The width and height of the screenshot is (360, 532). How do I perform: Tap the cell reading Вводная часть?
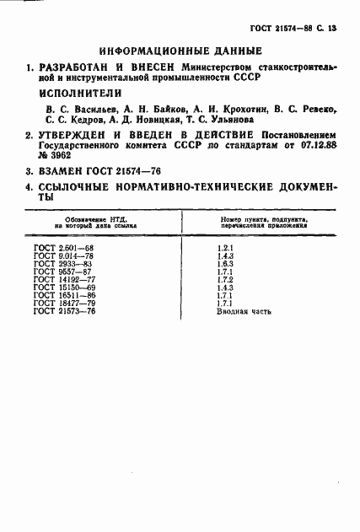[239, 312]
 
